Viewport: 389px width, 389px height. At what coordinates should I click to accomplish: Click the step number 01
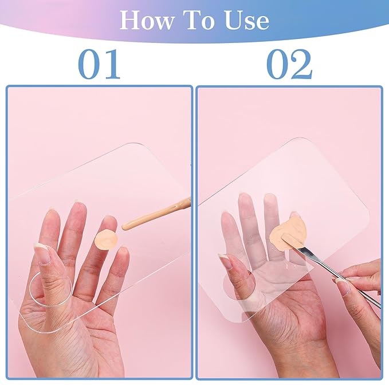[x=99, y=64]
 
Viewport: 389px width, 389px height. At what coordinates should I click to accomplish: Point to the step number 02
[x=289, y=64]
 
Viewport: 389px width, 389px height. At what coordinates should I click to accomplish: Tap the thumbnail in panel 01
[x=41, y=253]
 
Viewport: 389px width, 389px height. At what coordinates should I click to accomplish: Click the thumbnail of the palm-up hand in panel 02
[x=225, y=262]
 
